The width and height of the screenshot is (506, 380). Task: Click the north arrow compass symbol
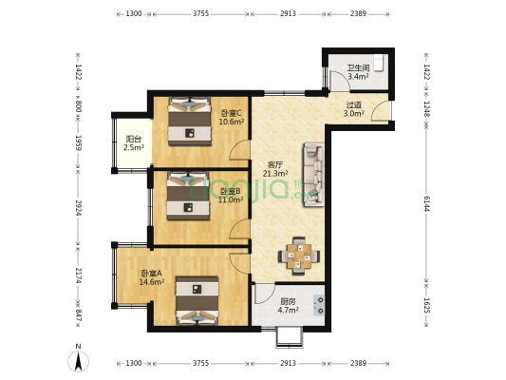[x=78, y=361]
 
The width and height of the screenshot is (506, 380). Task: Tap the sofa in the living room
[x=313, y=175]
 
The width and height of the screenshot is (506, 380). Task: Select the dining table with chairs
[x=299, y=256]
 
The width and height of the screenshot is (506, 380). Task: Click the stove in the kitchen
[x=319, y=305]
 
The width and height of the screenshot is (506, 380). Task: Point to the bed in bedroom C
[x=190, y=121]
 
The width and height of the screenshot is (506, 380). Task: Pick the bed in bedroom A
[x=197, y=300]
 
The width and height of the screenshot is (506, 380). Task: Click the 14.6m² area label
[x=152, y=282]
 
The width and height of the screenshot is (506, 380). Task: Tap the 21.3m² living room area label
[x=275, y=174]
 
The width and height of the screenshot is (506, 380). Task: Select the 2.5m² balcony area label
[x=134, y=148]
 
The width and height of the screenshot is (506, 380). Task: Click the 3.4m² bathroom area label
[x=358, y=77]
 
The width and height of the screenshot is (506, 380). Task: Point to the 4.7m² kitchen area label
[x=288, y=310]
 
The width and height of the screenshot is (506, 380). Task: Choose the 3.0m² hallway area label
[x=354, y=113]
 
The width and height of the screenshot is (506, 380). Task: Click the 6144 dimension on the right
[x=426, y=203]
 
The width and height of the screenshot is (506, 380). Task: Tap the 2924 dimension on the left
[x=79, y=208]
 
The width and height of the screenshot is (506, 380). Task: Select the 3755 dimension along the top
[x=200, y=13]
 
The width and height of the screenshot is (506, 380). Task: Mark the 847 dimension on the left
[x=79, y=315]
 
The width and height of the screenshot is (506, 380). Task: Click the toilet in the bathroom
[x=378, y=63]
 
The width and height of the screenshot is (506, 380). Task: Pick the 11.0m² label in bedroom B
[x=231, y=199]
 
